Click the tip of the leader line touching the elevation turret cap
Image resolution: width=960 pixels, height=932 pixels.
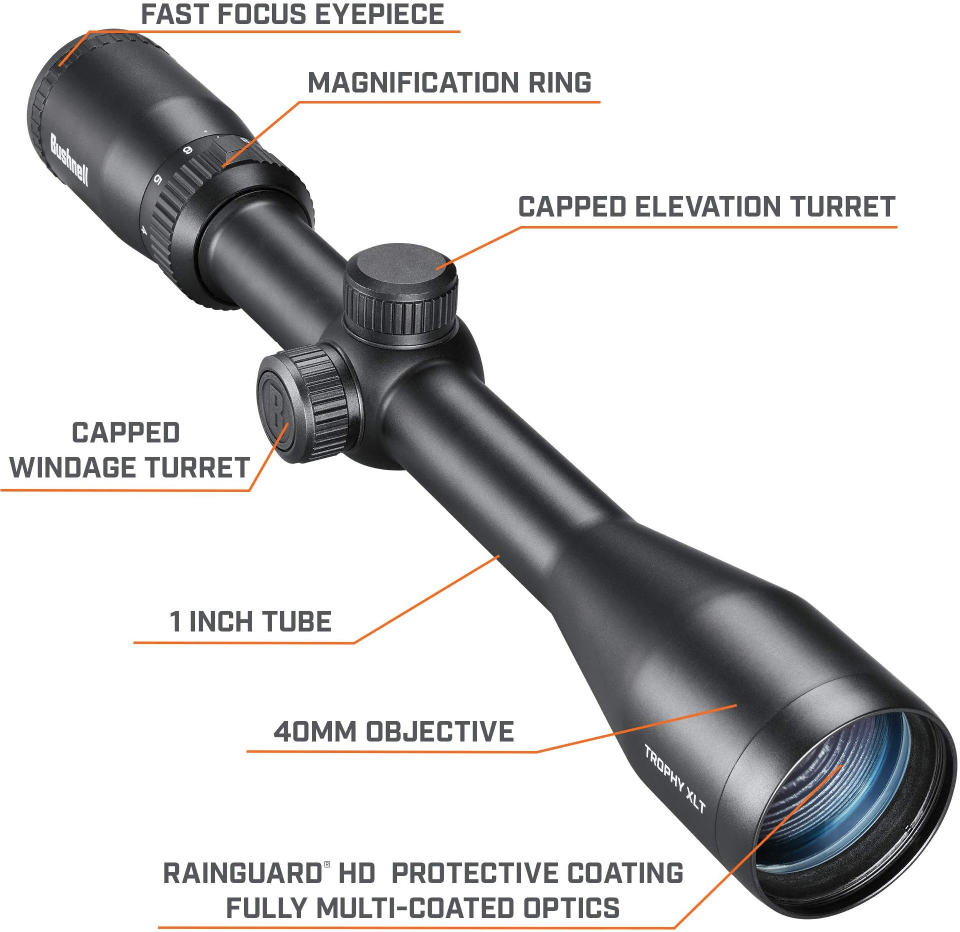coord(437,268)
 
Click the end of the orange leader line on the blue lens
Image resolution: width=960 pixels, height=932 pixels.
coord(842,765)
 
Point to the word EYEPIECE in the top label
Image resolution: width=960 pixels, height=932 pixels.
coord(380,14)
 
